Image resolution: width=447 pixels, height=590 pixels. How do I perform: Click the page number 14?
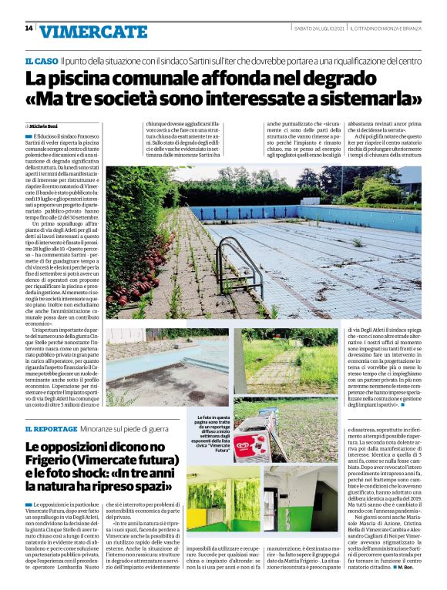pos(29,28)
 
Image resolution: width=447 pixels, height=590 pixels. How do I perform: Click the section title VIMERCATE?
pos(92,31)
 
